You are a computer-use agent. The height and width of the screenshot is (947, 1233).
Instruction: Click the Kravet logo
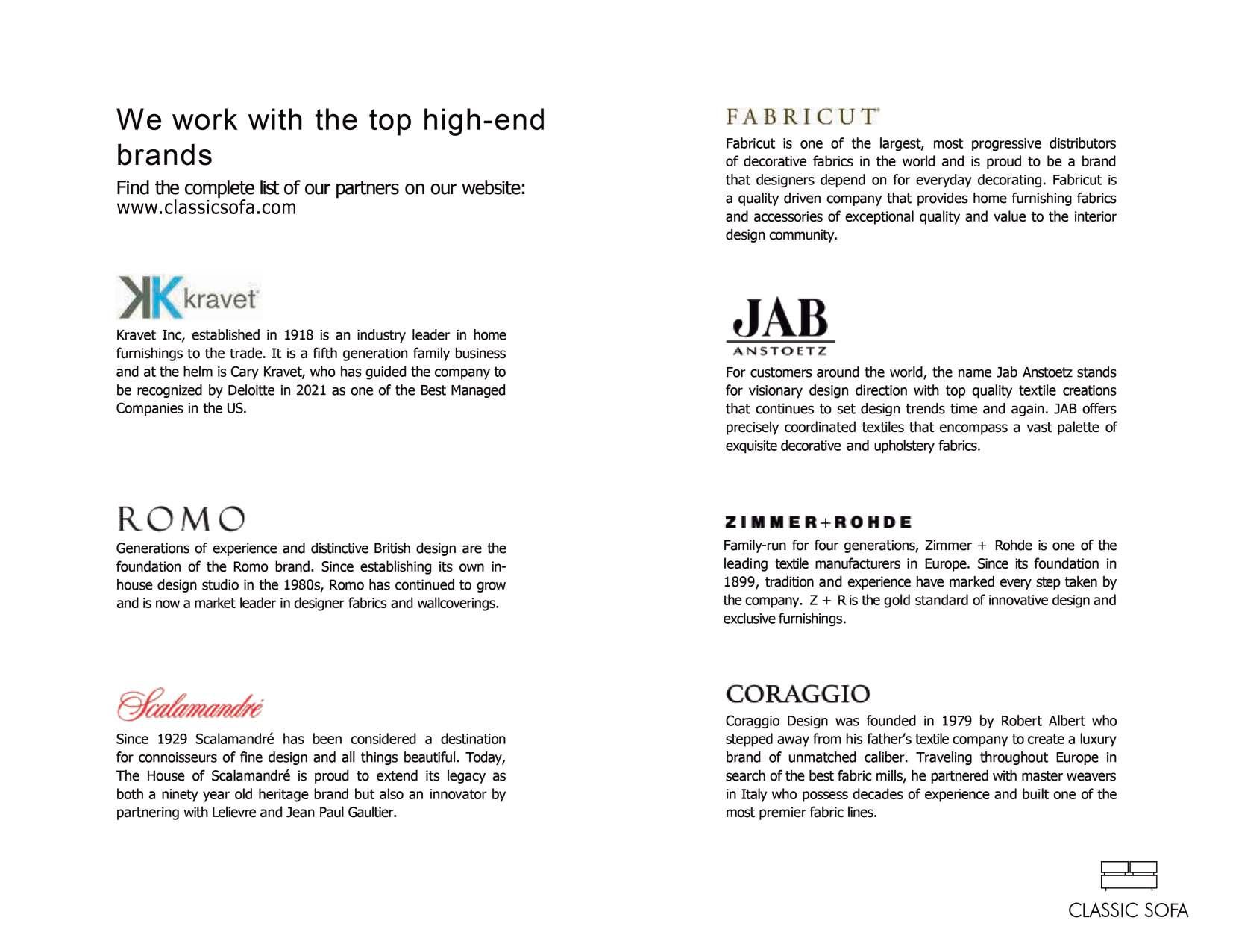pyautogui.click(x=188, y=297)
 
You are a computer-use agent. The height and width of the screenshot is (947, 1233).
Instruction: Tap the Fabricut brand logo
pyautogui.click(x=802, y=116)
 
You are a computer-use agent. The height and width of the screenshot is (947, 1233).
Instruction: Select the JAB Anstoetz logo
pyautogui.click(x=780, y=327)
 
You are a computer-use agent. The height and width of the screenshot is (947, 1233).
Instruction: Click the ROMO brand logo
pyautogui.click(x=181, y=519)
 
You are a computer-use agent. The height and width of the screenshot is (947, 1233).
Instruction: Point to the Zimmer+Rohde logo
pyautogui.click(x=818, y=522)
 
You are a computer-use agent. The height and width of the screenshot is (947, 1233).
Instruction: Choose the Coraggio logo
pyautogui.click(x=797, y=694)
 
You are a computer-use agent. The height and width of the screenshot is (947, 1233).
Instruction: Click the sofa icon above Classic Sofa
pyautogui.click(x=1129, y=876)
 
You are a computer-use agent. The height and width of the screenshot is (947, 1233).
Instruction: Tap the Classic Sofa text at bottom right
pyautogui.click(x=1128, y=910)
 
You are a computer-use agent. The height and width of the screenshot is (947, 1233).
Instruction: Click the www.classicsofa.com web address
pyautogui.click(x=206, y=208)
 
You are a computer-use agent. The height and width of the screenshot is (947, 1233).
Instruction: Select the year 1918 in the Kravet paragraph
pyautogui.click(x=298, y=335)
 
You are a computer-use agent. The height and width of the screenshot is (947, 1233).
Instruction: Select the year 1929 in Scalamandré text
pyautogui.click(x=173, y=740)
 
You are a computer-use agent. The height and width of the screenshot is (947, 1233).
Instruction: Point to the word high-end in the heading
pyautogui.click(x=484, y=120)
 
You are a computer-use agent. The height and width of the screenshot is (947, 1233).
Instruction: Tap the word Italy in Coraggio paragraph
pyautogui.click(x=753, y=795)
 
